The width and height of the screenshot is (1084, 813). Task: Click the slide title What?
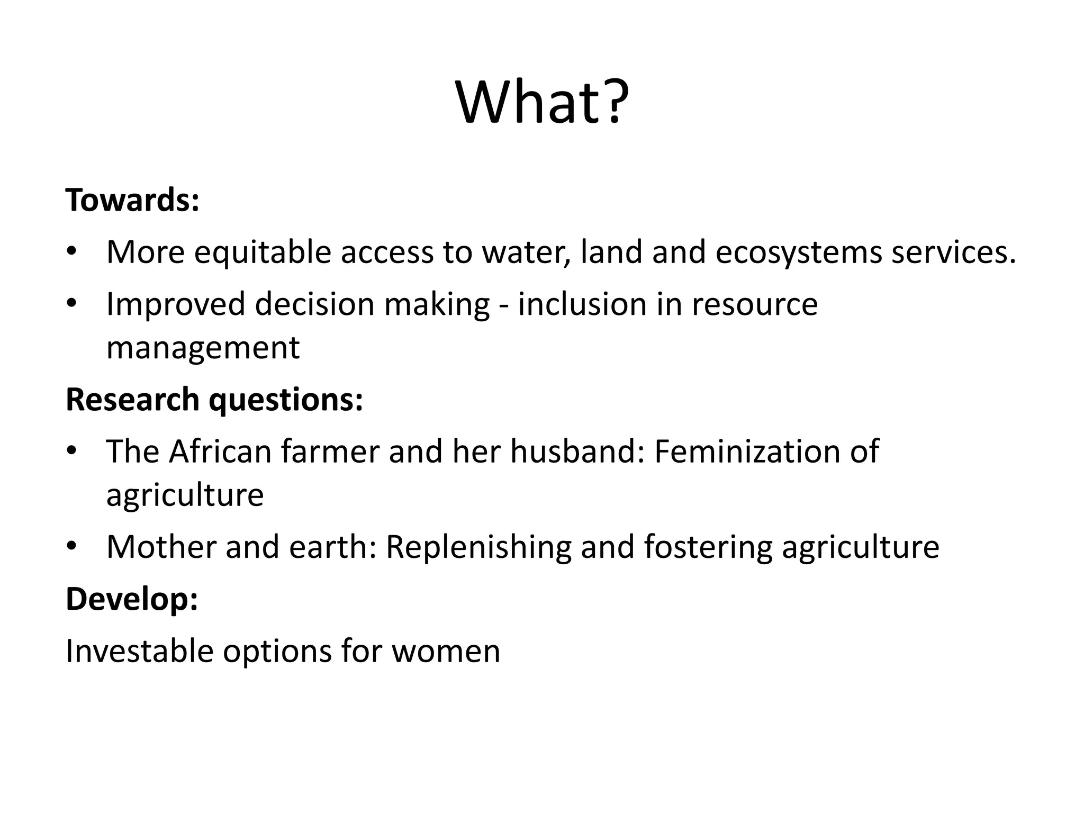coord(542,102)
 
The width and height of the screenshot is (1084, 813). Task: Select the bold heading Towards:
coord(132,200)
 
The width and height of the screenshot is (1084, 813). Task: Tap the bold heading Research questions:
coord(214,399)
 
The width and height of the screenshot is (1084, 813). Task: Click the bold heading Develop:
coord(132,599)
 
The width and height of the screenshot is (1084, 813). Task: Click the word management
coord(203,348)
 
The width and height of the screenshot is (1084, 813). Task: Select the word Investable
coord(139,651)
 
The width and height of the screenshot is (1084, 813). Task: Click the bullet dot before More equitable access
coord(72,251)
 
